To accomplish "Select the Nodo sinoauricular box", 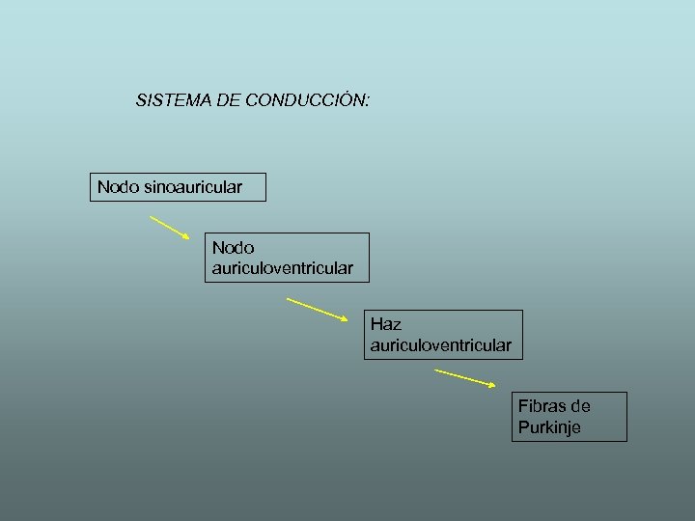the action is (x=179, y=186).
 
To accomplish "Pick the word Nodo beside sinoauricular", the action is (x=118, y=186).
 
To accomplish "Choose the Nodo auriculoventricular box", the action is (x=287, y=257).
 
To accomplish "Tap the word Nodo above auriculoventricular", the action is (x=233, y=248).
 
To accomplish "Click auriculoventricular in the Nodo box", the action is (x=283, y=267).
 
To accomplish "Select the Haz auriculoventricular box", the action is (x=443, y=334).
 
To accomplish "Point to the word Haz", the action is (x=385, y=325).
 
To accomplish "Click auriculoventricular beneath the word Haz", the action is (x=440, y=344).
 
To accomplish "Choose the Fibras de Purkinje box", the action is (x=569, y=417).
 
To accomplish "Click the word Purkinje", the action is (x=549, y=427).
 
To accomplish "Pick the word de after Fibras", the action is (x=580, y=406).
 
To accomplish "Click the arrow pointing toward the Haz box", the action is (x=318, y=308).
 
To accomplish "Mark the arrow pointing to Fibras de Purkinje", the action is (x=465, y=378).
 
